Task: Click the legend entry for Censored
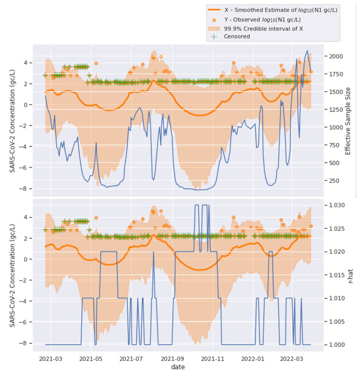(x=237, y=36)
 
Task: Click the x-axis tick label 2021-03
(x=51, y=359)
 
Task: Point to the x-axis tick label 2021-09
(x=173, y=359)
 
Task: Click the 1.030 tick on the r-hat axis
(x=336, y=205)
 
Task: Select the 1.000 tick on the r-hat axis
(x=336, y=345)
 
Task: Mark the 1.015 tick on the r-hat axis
(x=336, y=275)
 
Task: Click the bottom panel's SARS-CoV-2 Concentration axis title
(x=13, y=273)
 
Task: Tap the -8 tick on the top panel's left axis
(x=37, y=188)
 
